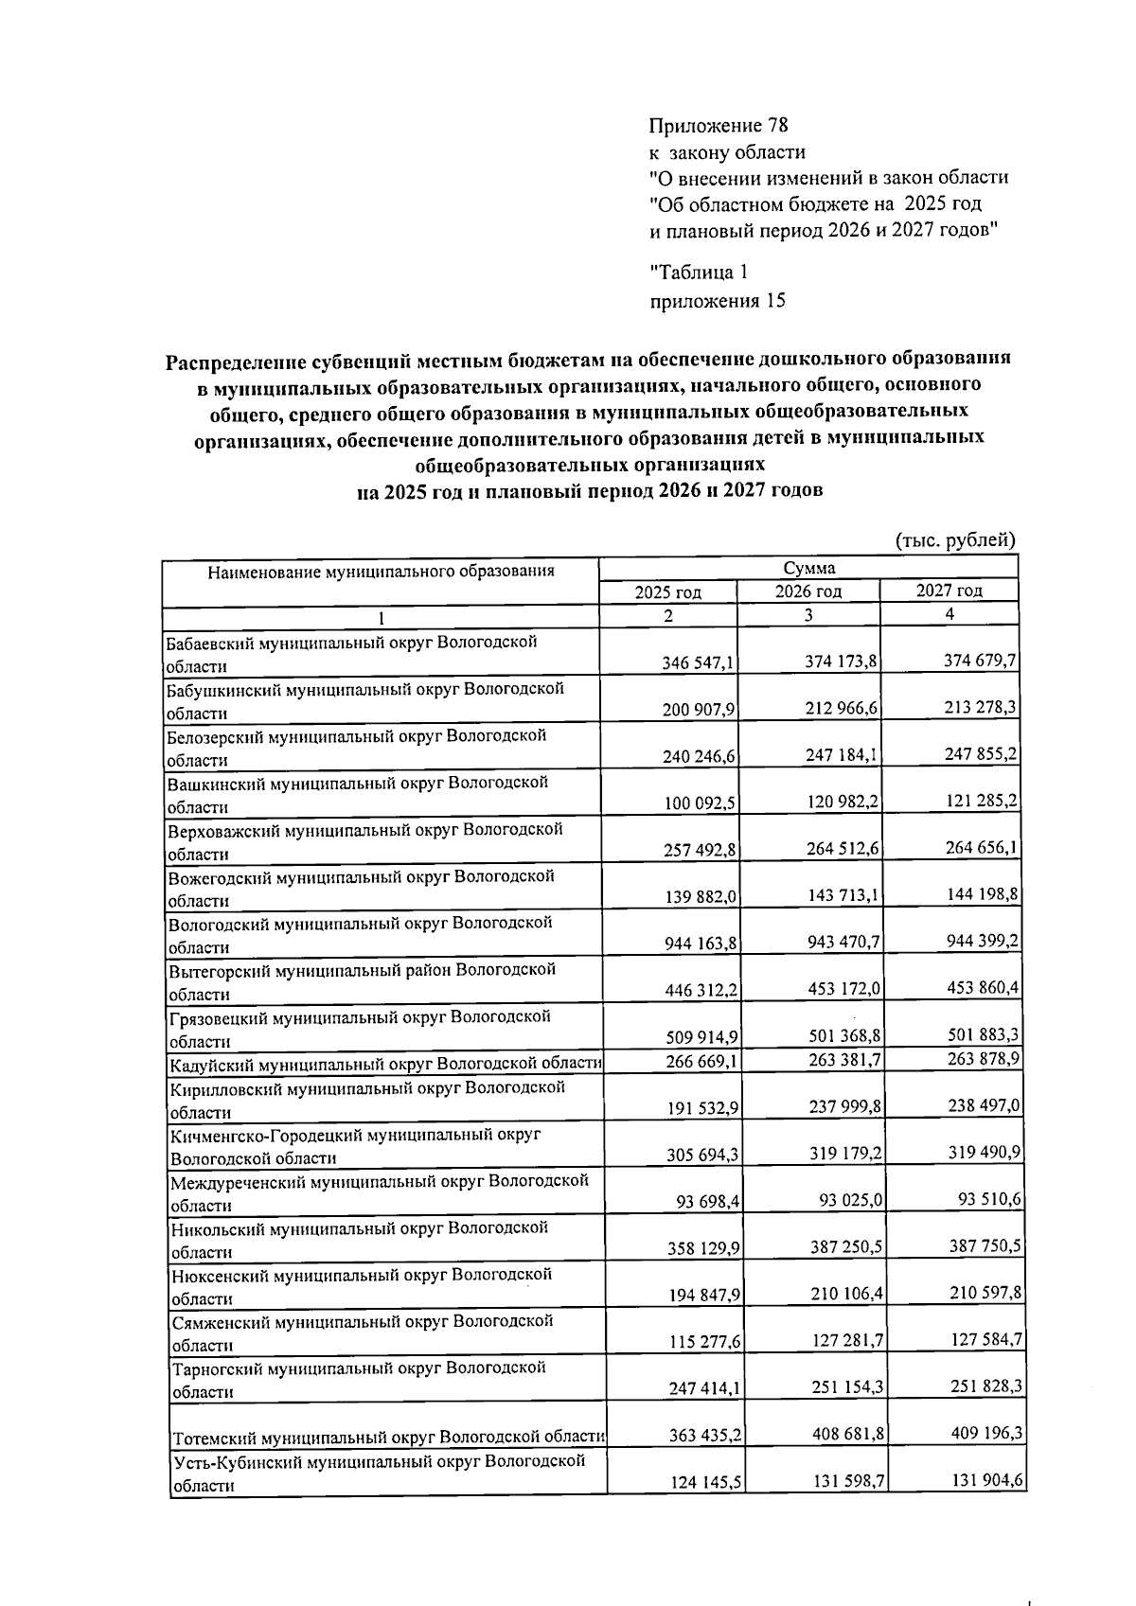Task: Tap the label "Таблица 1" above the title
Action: [699, 273]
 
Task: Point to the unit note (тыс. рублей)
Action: [955, 540]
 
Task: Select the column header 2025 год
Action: [667, 591]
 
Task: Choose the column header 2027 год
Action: [949, 591]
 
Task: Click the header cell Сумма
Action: [808, 568]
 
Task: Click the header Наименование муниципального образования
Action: [381, 571]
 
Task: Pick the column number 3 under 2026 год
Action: [808, 614]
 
